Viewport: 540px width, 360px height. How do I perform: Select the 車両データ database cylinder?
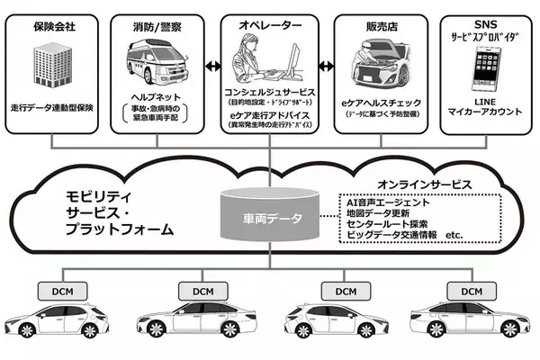270,217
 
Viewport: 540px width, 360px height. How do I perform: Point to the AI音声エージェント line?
389,202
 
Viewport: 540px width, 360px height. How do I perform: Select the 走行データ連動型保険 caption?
56,107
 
